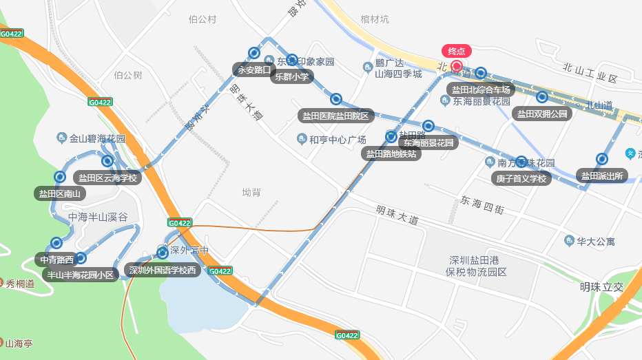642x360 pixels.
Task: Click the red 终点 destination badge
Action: [457, 51]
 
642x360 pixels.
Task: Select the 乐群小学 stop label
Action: [292, 77]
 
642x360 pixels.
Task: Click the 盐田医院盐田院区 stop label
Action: [335, 116]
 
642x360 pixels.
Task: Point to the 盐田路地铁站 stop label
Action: [391, 154]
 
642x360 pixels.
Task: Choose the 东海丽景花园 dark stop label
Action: [429, 143]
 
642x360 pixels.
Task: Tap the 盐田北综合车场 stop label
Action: [481, 89]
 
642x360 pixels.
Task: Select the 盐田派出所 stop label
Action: [601, 176]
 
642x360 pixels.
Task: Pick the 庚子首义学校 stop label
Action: [521, 179]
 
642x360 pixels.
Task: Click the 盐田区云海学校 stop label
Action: [107, 178]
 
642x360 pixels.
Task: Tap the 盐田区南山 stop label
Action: [60, 193]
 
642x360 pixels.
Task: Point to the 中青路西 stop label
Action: [56, 260]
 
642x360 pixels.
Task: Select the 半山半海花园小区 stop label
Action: [81, 275]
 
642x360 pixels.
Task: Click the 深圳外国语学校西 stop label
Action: [163, 270]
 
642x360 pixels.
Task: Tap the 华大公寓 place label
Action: [596, 242]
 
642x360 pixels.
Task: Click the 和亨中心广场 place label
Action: [337, 140]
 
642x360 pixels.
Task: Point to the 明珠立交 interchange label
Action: [601, 287]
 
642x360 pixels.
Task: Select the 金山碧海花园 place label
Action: [97, 139]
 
